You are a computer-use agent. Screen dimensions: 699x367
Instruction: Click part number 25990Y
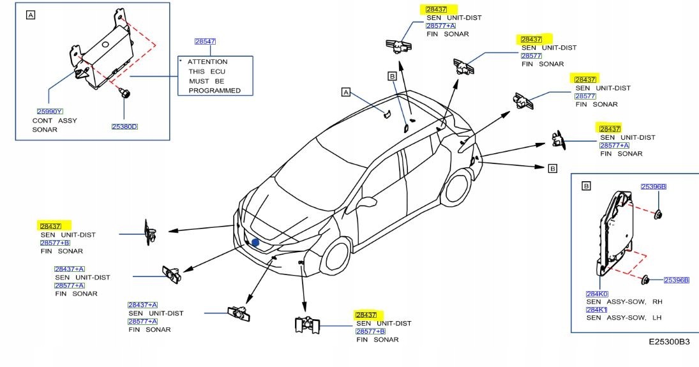[x=50, y=112]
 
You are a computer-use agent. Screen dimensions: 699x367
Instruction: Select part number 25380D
[x=125, y=126]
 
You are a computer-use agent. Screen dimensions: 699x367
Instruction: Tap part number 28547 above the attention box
[x=205, y=41]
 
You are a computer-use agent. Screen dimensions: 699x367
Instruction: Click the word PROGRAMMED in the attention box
[x=214, y=91]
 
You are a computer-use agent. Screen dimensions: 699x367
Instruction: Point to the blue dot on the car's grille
[x=255, y=243]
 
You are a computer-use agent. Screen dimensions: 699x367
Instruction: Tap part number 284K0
[x=597, y=294]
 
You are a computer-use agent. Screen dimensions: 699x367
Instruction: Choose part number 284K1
[x=596, y=310]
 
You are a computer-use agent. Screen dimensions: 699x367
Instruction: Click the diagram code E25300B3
[x=669, y=342]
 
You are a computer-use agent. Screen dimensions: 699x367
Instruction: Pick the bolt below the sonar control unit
[x=124, y=93]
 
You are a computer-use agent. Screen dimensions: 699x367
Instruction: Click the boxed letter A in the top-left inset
[x=30, y=15]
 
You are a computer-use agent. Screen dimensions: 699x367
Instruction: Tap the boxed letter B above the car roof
[x=393, y=76]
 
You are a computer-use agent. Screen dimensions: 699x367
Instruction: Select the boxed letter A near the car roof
[x=346, y=93]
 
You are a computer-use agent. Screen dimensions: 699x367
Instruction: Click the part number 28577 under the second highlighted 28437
[x=531, y=56]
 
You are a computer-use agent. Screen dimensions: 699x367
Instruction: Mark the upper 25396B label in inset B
[x=654, y=186]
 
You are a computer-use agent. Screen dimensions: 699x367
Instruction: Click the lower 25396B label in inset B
[x=677, y=280]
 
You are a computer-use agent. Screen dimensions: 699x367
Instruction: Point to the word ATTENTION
[x=207, y=62]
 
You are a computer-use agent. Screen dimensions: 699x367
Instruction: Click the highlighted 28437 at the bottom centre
[x=366, y=315]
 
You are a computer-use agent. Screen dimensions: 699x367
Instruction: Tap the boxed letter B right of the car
[x=553, y=169]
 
